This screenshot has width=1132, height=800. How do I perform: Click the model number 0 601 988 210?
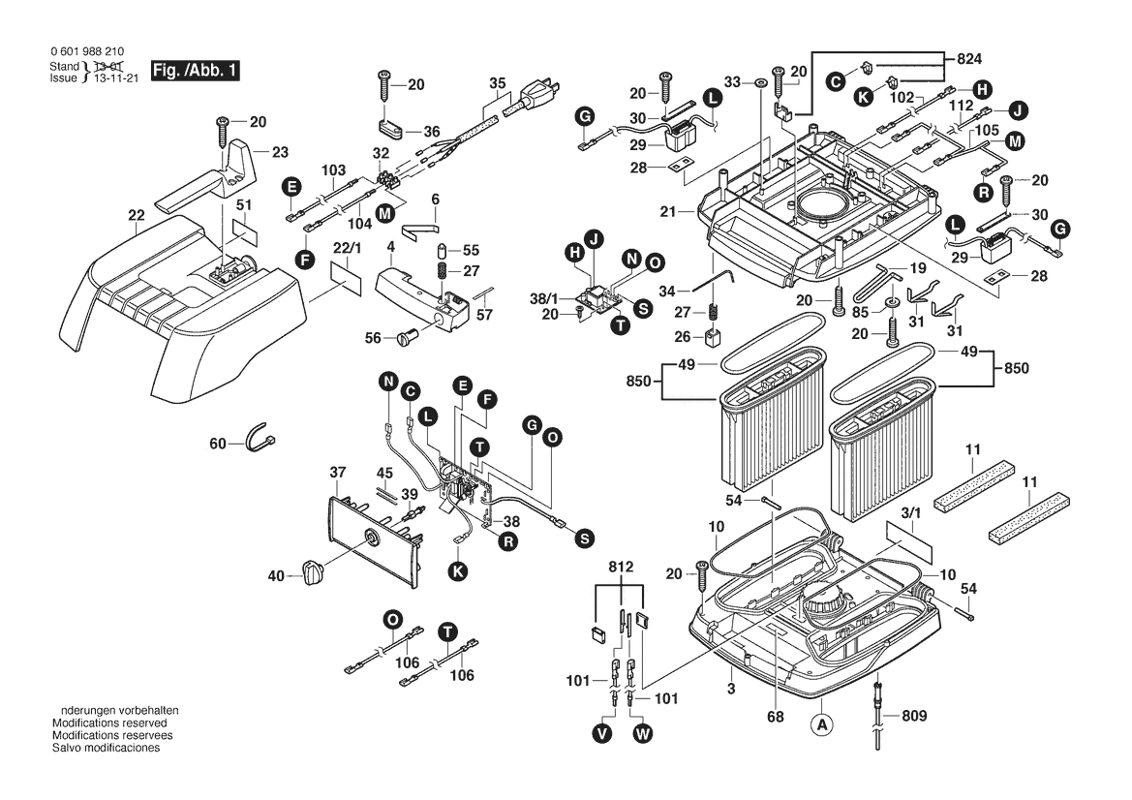coord(85,52)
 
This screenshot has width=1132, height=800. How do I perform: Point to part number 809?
coord(913,717)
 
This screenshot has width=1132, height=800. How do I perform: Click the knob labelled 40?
coord(312,573)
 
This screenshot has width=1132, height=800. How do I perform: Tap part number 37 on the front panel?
coord(337,473)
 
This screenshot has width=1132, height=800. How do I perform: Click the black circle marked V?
coord(603,734)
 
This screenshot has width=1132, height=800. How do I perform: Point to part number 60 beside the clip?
coord(217,444)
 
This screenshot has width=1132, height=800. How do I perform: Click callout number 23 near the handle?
coord(279,151)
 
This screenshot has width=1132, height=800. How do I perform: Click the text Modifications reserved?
coord(108,723)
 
